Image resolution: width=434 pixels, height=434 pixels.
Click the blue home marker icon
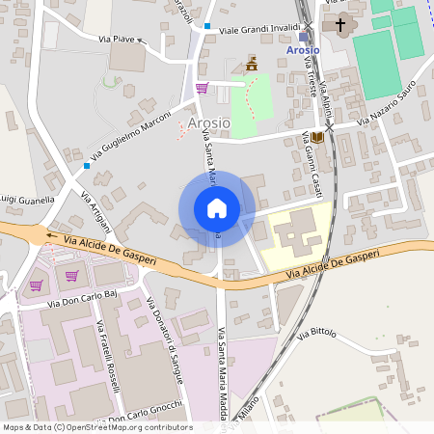217,208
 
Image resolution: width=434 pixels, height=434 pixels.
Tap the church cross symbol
339,25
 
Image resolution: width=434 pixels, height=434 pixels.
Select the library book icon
317,139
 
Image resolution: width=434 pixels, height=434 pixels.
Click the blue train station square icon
305,37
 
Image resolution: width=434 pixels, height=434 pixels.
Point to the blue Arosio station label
304,50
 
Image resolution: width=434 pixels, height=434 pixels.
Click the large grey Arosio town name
208,122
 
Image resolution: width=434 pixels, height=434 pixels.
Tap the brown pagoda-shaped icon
253,65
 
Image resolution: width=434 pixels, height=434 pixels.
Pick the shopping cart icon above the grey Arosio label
202,89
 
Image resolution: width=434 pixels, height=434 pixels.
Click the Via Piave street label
117,40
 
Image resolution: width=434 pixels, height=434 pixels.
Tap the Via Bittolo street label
317,334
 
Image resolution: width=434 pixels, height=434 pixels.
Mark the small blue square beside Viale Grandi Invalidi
207,26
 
